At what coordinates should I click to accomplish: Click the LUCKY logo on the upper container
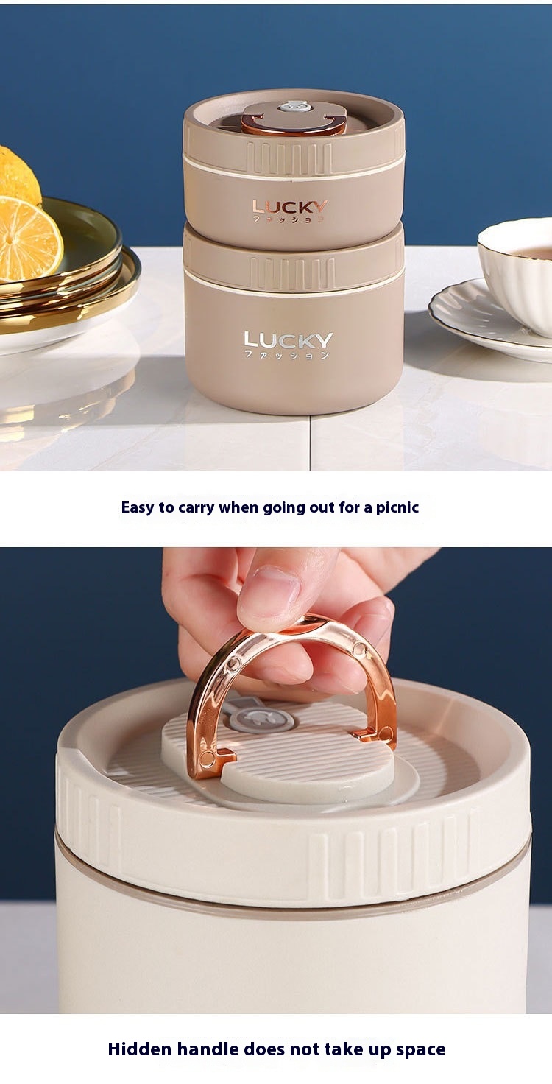[x=289, y=207]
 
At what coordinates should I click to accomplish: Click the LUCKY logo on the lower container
[x=289, y=339]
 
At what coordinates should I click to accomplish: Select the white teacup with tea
[x=516, y=276]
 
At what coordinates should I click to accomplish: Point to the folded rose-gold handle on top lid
[x=294, y=124]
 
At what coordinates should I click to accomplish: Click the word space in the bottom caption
[x=420, y=1049]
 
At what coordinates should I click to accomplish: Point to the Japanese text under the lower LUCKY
[x=287, y=355]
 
